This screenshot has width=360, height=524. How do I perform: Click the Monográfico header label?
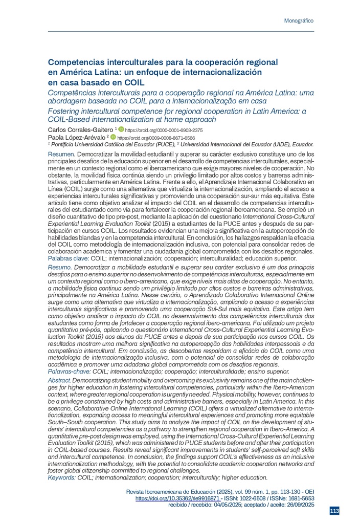pyautogui.click(x=298, y=21)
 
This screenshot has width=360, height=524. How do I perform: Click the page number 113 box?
pyautogui.click(x=334, y=511)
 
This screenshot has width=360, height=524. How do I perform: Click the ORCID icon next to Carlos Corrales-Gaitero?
pyautogui.click(x=121, y=130)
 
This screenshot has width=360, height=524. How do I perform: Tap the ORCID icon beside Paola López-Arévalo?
pyautogui.click(x=114, y=138)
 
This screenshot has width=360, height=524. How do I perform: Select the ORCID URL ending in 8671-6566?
pyautogui.click(x=156, y=138)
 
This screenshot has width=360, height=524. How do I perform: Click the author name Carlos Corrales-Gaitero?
pyautogui.click(x=80, y=130)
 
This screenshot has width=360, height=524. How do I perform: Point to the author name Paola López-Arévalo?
pyautogui.click(x=76, y=138)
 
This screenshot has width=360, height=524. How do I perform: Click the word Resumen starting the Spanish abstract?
pyautogui.click(x=61, y=154)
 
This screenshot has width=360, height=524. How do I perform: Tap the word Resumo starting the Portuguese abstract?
pyautogui.click(x=59, y=268)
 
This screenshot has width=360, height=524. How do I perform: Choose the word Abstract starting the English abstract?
pyautogui.click(x=59, y=381)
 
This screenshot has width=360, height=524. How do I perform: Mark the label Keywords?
pyautogui.click(x=61, y=477)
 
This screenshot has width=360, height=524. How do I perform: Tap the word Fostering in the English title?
pyautogui.click(x=63, y=111)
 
